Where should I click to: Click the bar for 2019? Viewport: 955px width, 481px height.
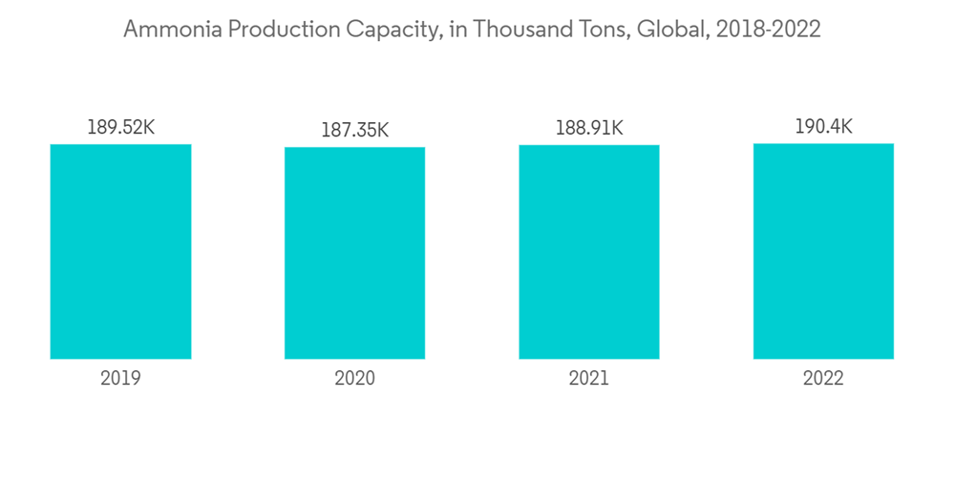(x=120, y=251)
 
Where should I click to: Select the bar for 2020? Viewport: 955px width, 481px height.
(x=354, y=253)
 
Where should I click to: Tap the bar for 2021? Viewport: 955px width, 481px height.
(x=589, y=252)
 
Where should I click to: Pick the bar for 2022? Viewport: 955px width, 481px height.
(x=823, y=251)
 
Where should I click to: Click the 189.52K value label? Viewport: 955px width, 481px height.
(x=120, y=127)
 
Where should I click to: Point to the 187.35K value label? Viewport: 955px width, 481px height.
(x=354, y=130)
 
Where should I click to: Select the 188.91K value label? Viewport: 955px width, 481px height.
(x=589, y=128)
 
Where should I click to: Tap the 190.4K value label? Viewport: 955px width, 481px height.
(x=823, y=127)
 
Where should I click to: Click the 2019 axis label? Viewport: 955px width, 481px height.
(x=120, y=379)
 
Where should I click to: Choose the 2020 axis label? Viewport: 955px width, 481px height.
(x=354, y=379)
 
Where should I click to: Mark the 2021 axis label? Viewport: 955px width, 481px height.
(x=589, y=379)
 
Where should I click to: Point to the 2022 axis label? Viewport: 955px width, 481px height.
(x=823, y=379)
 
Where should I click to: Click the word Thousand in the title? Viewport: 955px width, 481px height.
(x=517, y=30)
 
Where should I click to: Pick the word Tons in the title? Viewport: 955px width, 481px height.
(x=597, y=30)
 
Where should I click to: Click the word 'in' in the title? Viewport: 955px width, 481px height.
(x=455, y=30)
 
